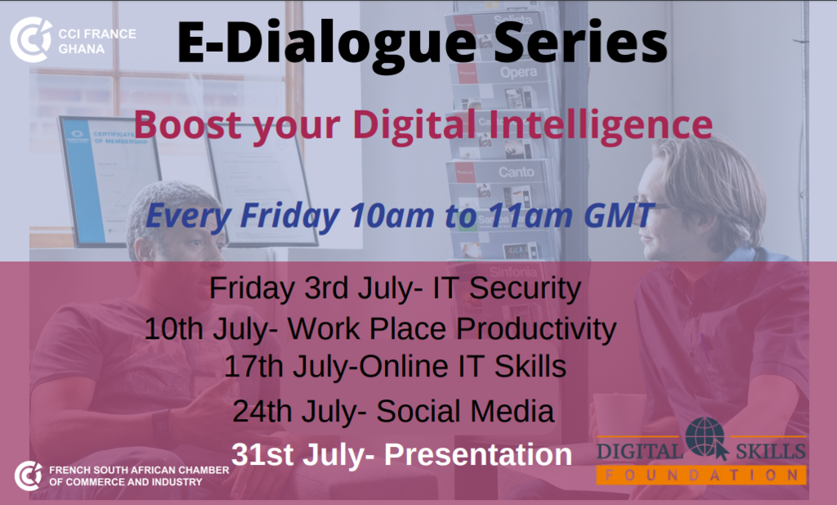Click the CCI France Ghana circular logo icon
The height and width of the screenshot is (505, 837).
[x=30, y=40]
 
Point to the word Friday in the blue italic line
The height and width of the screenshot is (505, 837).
[x=290, y=214]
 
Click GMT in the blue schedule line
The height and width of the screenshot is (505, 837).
[x=620, y=214]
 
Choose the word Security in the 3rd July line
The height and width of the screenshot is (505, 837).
[x=525, y=289]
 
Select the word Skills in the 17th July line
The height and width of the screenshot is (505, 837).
[x=530, y=367]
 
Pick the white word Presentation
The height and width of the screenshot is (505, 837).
[x=477, y=455]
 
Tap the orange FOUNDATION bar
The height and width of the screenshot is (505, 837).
[x=700, y=475]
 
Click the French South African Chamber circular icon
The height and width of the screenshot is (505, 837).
[x=29, y=476]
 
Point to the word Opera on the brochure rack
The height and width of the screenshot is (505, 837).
[x=519, y=72]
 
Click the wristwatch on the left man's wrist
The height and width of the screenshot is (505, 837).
[x=161, y=426]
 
